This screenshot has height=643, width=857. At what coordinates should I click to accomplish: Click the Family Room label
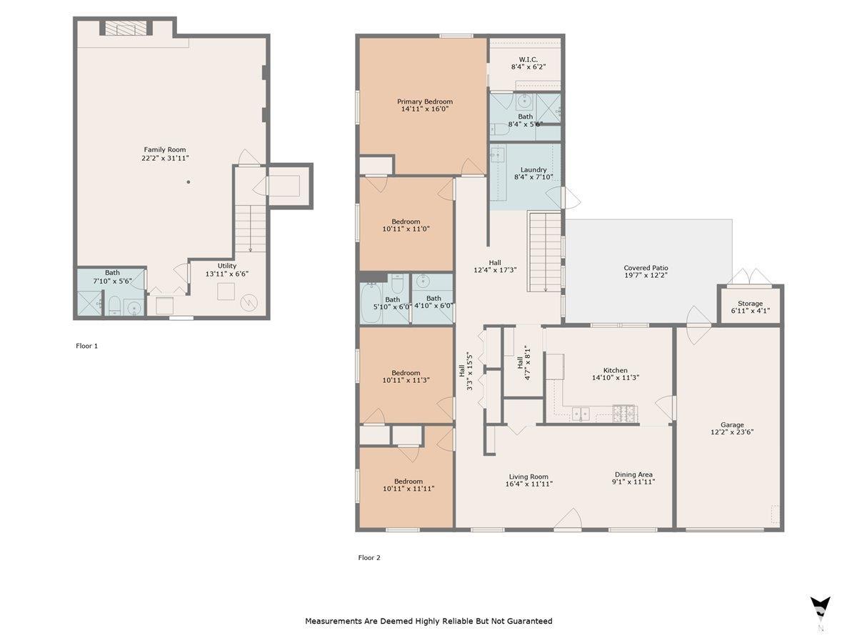coord(165,149)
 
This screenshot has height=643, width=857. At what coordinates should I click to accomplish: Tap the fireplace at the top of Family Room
coord(126,28)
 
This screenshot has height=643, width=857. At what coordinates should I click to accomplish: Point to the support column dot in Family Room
coord(189,182)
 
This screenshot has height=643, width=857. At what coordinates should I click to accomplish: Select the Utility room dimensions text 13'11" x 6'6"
coord(227,274)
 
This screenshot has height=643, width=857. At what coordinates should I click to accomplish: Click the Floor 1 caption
coord(86,346)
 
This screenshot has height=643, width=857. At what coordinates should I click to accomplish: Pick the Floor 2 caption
coord(369,557)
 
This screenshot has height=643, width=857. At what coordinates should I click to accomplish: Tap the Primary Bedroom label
coord(425,101)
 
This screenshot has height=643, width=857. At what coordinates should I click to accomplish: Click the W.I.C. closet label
coord(528,59)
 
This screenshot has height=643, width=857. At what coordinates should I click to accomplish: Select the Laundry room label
coord(533,170)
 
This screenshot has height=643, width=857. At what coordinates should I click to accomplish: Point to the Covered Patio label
coord(646,268)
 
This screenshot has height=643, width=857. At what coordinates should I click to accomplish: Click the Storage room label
coord(750,304)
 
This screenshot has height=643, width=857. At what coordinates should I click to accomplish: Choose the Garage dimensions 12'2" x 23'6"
coord(732,432)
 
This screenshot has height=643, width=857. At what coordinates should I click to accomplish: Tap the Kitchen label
coord(616,370)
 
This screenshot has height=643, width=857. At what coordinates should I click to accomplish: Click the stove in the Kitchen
coord(625,414)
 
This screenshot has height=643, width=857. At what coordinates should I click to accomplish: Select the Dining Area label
coord(633,474)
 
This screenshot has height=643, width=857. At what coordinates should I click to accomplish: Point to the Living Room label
coord(528,477)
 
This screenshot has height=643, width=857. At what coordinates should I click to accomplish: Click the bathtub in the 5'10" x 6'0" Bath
coord(370,304)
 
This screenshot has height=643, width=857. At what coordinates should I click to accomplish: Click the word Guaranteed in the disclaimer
coord(530,621)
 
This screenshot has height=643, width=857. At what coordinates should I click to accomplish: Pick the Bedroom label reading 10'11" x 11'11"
coord(409,489)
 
